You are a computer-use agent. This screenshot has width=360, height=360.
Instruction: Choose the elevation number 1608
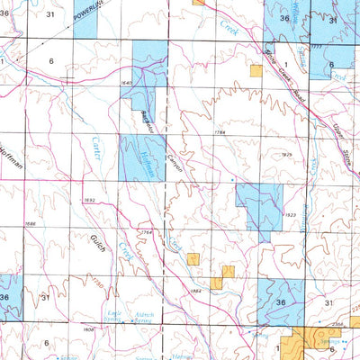click(88, 329)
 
